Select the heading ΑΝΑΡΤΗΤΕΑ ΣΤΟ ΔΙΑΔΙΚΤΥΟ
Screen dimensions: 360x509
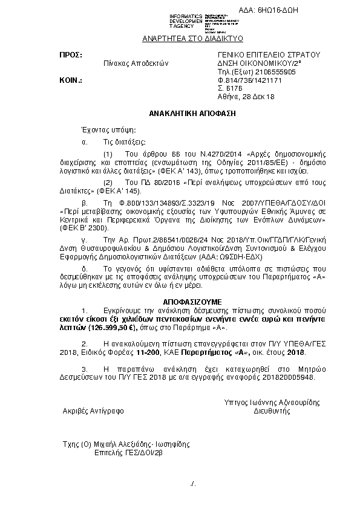pos(192,38)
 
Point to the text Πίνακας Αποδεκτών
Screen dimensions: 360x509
pos(136,63)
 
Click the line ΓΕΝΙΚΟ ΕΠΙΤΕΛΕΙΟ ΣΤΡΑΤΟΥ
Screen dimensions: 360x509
pos(268,54)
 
